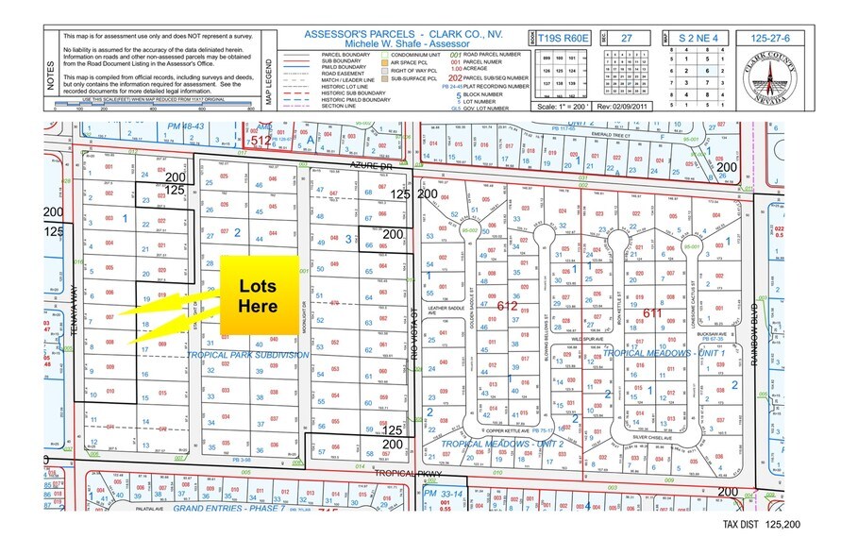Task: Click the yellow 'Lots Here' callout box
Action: [258, 294]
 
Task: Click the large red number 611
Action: [653, 312]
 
